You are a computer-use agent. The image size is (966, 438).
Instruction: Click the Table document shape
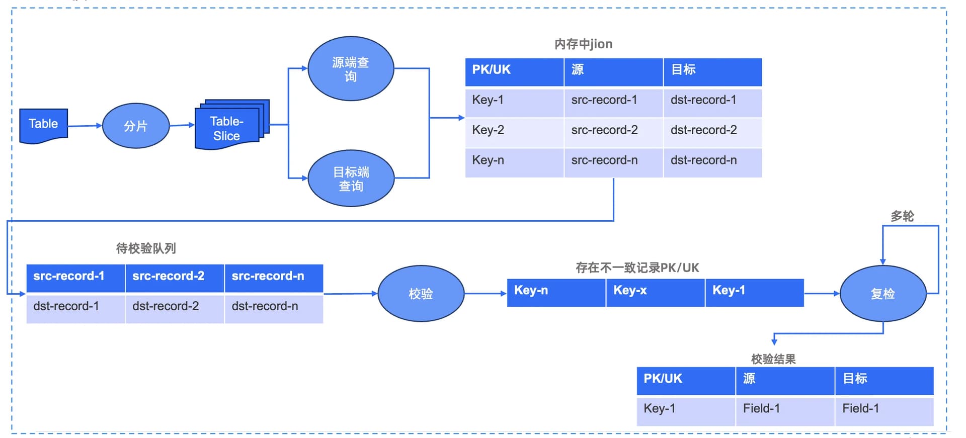pos(43,125)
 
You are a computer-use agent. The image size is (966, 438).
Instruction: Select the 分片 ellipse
pos(136,126)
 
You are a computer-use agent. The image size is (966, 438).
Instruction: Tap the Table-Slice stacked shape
pos(231,124)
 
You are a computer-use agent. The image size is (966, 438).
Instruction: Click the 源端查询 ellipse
pos(351,68)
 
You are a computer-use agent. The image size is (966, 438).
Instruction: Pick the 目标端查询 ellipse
pos(351,178)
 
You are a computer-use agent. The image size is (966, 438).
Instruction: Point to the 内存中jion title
pos(583,44)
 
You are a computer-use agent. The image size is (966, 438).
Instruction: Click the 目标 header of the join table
pos(712,72)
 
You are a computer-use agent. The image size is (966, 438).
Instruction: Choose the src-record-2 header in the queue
pos(175,278)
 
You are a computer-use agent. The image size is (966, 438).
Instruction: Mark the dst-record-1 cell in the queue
pos(75,308)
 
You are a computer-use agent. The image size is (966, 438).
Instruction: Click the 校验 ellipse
pos(421,294)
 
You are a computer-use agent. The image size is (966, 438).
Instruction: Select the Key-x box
pos(655,293)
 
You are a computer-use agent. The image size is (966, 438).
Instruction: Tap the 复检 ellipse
pos(883,294)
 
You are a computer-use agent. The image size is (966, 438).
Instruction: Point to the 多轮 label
pos(902,216)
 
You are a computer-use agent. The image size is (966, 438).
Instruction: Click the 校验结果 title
pos(773,359)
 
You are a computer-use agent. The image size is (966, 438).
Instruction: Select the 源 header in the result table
pos(785,381)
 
